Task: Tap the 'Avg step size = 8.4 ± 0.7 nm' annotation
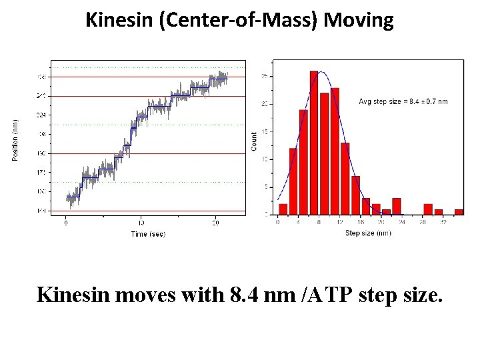(x=403, y=101)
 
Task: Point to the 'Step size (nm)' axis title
(x=368, y=233)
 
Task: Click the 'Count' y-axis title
(x=254, y=141)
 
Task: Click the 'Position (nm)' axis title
(x=15, y=139)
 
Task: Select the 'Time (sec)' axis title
(x=148, y=234)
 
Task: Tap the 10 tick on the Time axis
(x=141, y=223)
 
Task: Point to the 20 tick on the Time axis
(x=215, y=223)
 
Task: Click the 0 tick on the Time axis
(x=66, y=223)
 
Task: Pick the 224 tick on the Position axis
(x=41, y=115)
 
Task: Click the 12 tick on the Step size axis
(x=340, y=223)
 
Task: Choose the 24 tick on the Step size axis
(x=401, y=223)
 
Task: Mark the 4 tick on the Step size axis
(x=299, y=223)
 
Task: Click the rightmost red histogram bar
(x=459, y=211)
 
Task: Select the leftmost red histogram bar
(x=283, y=209)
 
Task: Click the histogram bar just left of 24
(x=396, y=206)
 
